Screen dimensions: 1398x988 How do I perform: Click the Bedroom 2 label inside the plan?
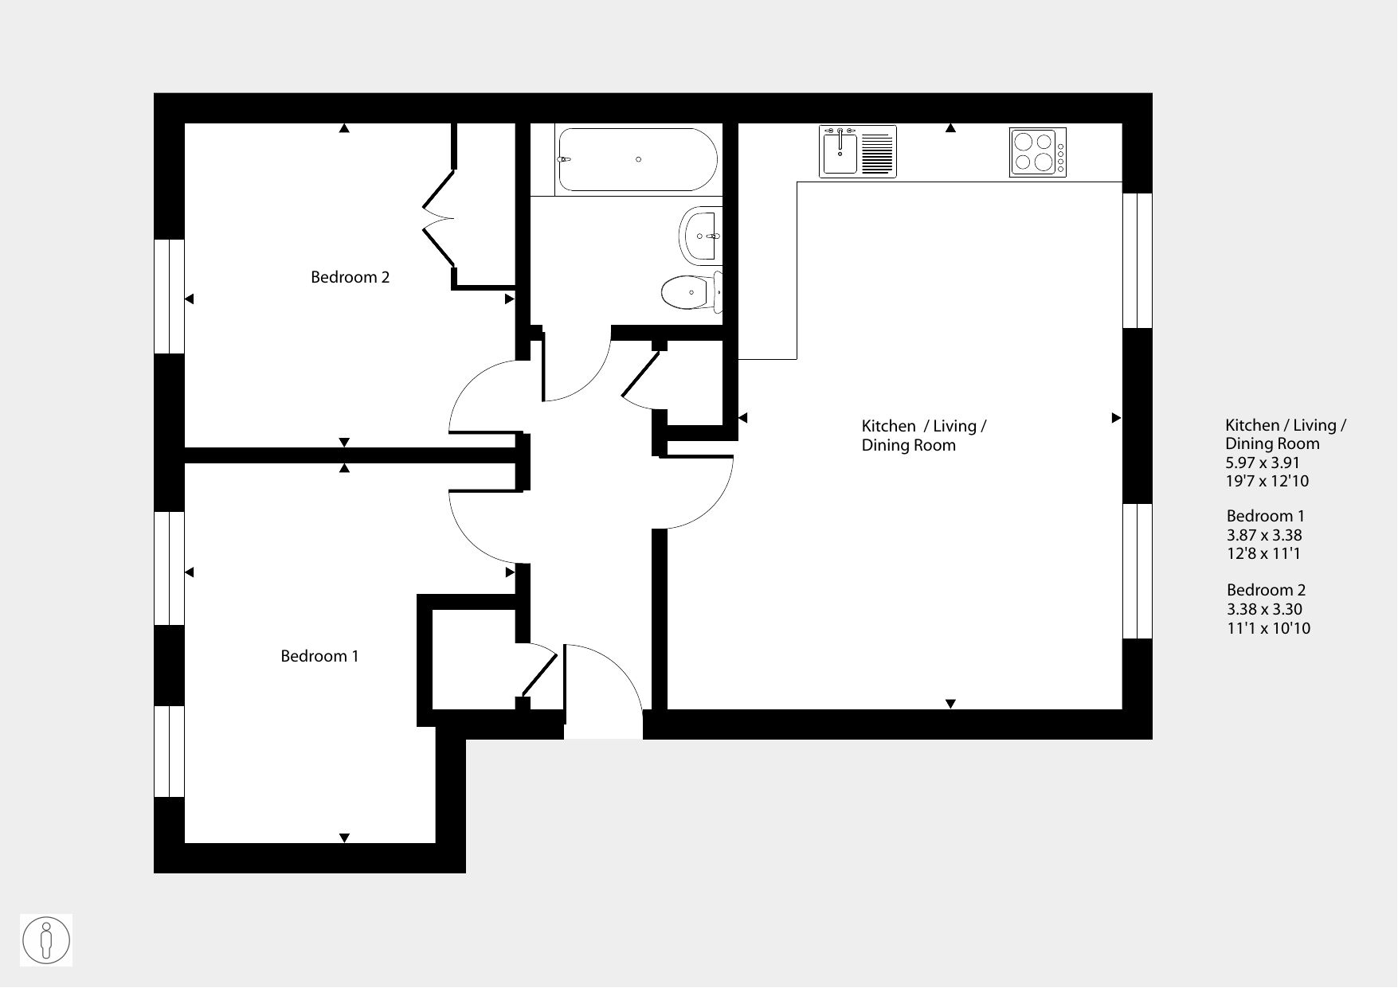click(350, 277)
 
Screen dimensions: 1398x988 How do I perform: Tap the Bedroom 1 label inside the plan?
click(319, 656)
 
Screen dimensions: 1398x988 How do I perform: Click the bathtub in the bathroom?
click(637, 160)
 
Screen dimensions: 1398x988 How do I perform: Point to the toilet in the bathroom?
click(691, 291)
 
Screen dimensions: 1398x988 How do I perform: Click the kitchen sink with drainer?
click(858, 151)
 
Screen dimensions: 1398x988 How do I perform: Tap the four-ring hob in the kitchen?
click(1038, 152)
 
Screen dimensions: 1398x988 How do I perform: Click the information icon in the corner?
click(46, 940)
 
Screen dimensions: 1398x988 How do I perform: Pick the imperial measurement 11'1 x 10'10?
click(1268, 628)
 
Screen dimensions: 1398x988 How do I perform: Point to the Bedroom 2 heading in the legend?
click(1266, 590)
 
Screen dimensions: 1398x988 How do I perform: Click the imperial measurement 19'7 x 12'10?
click(1267, 481)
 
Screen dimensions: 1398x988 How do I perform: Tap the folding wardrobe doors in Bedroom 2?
click(438, 217)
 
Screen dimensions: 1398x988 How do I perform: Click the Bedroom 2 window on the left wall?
click(169, 296)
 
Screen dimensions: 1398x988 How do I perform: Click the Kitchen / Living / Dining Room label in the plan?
click(924, 435)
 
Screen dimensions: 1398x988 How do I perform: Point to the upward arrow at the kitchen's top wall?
click(950, 128)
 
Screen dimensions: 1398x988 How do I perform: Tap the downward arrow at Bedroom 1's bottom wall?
click(344, 838)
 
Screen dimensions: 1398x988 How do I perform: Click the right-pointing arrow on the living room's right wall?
click(1116, 418)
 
